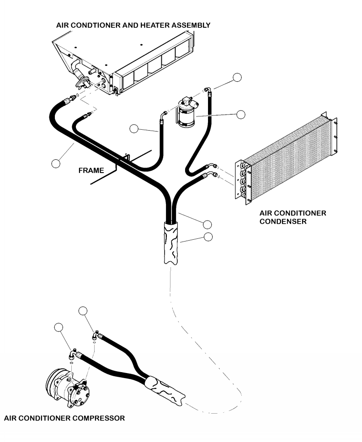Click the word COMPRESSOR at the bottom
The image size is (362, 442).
point(94,418)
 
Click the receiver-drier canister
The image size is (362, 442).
point(186,117)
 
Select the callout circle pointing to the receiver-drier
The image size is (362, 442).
point(241,114)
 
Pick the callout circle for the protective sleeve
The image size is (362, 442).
point(208,237)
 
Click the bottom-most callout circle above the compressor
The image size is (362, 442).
point(59,327)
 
